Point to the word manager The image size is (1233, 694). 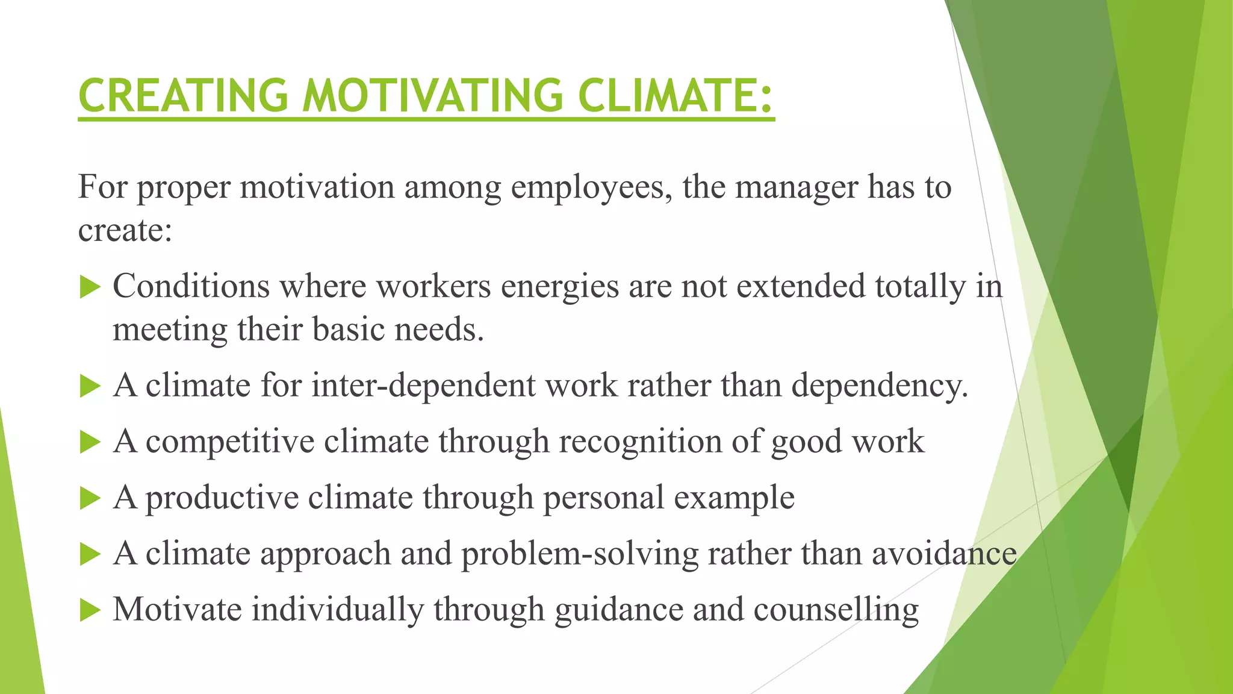tap(797, 187)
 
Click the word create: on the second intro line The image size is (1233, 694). tap(125, 230)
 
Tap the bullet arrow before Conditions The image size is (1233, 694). tap(90, 287)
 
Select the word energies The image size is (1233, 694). tap(560, 287)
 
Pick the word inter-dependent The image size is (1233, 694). tap(423, 386)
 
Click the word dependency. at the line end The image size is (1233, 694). tap(880, 386)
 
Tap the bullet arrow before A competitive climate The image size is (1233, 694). tap(90, 442)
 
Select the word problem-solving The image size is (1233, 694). tap(580, 554)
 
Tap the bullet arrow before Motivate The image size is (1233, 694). tap(90, 610)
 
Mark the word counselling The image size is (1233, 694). tap(836, 610)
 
